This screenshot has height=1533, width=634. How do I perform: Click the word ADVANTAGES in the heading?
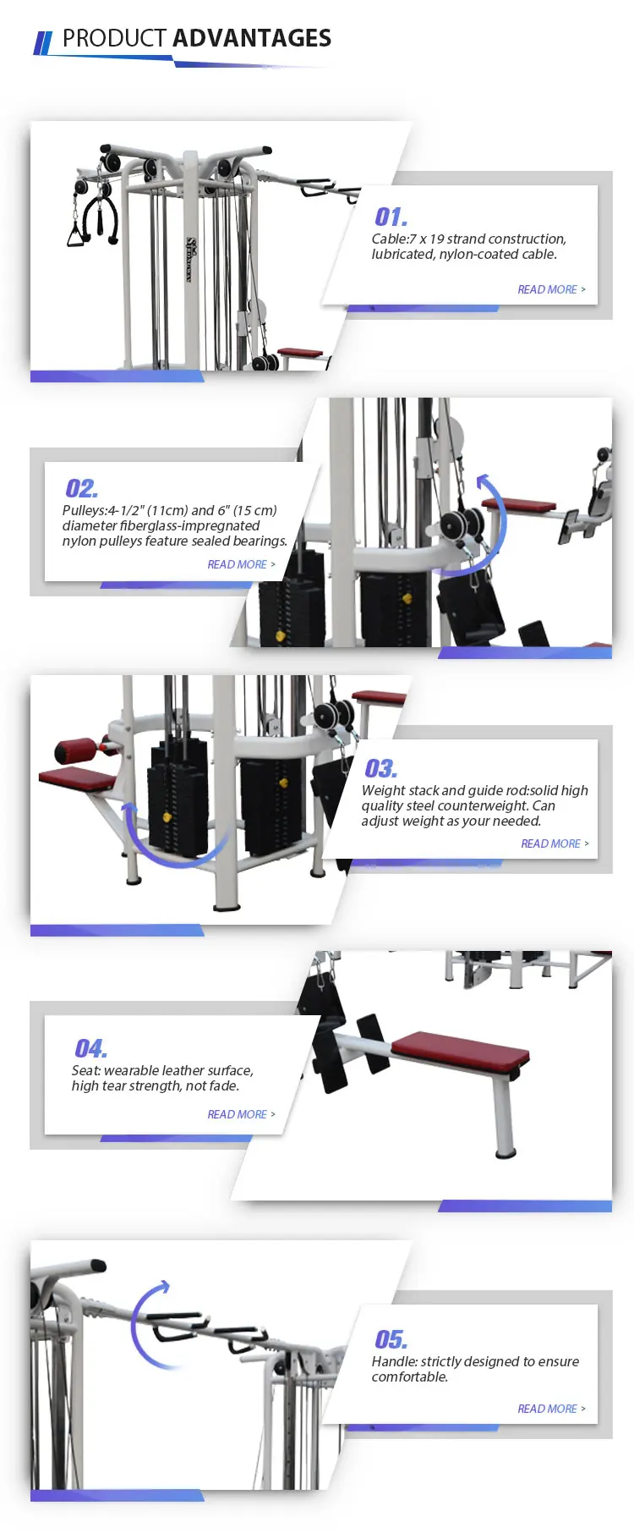(251, 38)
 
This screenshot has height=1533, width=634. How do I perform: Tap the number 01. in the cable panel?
(391, 217)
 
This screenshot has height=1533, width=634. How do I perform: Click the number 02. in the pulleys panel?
(81, 488)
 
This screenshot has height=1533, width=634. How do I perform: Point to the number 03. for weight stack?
(380, 768)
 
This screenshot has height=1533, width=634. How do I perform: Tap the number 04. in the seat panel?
(90, 1049)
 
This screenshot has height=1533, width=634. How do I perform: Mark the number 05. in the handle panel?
(391, 1339)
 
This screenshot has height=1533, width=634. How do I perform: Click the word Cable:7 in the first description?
(394, 239)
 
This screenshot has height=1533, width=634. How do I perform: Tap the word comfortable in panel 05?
(409, 1376)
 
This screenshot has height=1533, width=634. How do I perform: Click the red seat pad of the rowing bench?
(461, 1047)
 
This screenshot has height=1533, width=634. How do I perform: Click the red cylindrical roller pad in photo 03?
(75, 750)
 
